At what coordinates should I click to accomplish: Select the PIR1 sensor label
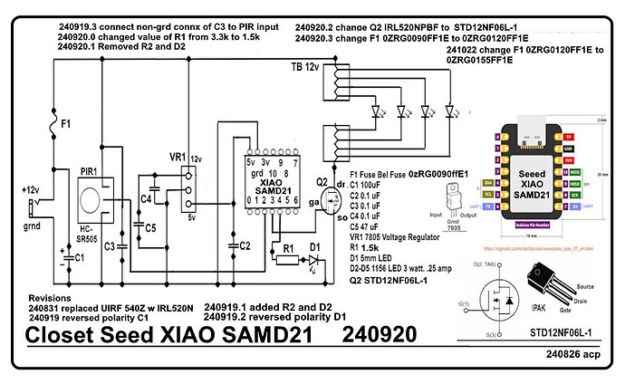[89, 168]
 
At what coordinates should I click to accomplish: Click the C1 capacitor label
[80, 257]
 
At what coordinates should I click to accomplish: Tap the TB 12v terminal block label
[305, 68]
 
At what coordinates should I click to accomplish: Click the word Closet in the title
[62, 334]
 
